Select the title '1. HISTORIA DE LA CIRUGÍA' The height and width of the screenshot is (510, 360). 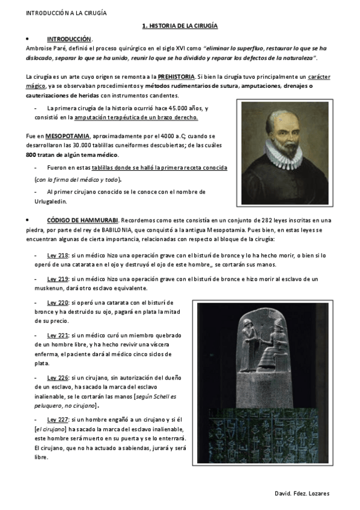coord(180,26)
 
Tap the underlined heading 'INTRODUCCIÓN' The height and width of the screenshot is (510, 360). coord(69,38)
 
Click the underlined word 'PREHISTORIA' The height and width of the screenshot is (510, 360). coord(177,77)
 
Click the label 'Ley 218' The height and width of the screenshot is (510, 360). coord(58,256)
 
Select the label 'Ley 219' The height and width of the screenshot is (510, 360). coord(58,279)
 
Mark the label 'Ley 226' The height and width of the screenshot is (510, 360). coord(58,377)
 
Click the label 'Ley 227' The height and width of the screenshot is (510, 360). coord(58,419)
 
